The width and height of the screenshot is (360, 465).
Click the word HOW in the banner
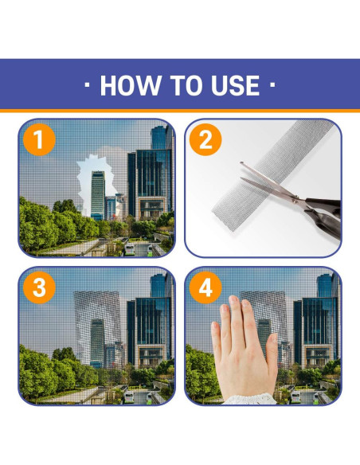pos(131,85)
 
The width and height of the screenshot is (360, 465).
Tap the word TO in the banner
pos(186,85)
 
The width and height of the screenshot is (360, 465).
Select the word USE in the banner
pos(235,85)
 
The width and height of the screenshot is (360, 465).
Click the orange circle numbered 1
pos(39,139)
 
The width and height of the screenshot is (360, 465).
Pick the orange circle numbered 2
pos(205,139)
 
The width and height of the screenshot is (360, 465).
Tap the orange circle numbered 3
pos(39,287)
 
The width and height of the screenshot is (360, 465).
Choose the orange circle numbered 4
pos(205,287)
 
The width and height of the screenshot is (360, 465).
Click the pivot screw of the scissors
pos(295,200)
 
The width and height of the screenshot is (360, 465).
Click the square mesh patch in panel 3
pos(97,329)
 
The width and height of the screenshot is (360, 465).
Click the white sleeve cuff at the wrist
pos(249,399)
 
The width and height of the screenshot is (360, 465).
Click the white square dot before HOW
pos(87,85)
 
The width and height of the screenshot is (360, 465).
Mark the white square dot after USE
pos(272,85)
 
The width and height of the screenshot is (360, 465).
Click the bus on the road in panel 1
pos(130,249)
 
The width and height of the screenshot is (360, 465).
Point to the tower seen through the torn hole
pos(98,195)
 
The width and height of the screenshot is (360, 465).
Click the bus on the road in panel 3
pos(129,397)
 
